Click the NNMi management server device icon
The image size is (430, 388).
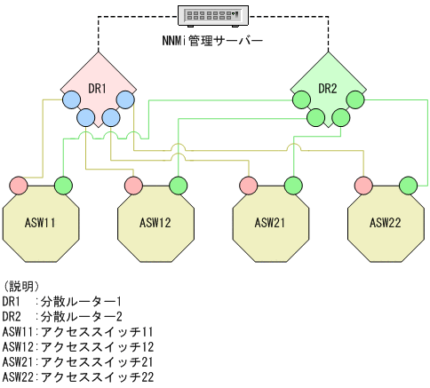coord(215,15)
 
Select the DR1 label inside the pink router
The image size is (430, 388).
coord(98,88)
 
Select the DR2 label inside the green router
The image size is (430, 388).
coord(329,88)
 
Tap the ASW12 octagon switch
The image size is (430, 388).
coord(155,222)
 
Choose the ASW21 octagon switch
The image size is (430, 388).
coord(270,222)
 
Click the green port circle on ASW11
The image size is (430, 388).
coord(63,185)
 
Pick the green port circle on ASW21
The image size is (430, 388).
coord(292,185)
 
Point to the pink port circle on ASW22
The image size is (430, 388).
coord(362,185)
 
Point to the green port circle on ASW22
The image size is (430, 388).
coord(407,185)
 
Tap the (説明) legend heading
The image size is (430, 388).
coord(20,286)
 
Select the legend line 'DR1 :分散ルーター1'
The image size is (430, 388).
coord(62,302)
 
